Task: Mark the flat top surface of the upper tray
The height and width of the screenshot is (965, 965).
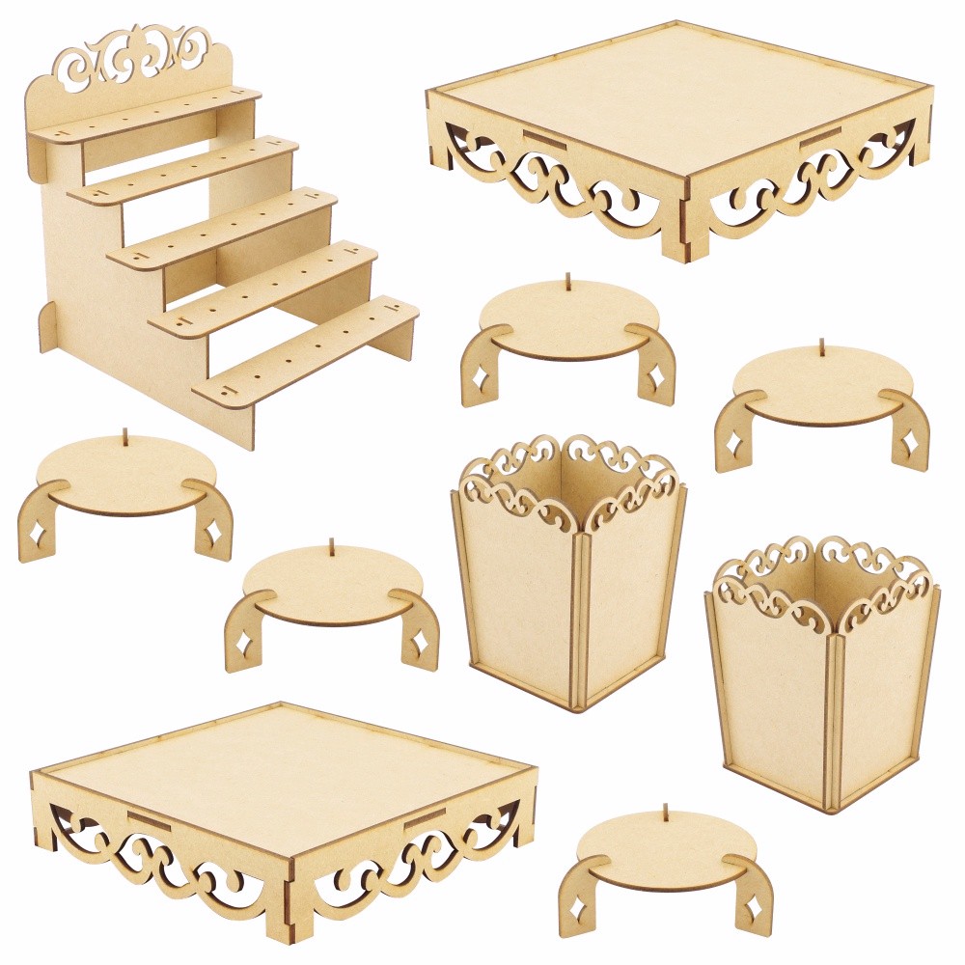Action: (x=675, y=96)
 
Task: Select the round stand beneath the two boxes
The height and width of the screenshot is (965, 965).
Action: (x=666, y=859)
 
